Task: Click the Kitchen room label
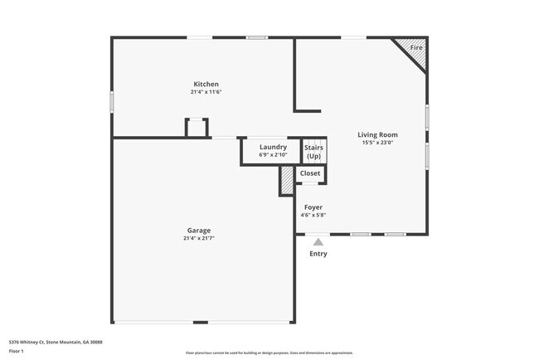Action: pos(206,85)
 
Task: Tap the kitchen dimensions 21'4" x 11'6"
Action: pos(206,92)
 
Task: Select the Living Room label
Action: pos(377,134)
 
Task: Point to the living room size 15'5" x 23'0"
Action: pos(377,142)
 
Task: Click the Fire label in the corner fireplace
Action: pos(416,49)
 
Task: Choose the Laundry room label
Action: pos(273,147)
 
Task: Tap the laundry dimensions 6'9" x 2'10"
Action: pos(273,154)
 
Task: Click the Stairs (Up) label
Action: pos(313,152)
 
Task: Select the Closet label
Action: pos(310,173)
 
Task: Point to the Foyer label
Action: pos(313,207)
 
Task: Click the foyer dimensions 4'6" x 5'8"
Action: pos(313,215)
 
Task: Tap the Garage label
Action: pos(199,231)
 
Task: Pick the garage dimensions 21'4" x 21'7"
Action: pos(199,238)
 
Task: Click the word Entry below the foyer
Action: pos(318,254)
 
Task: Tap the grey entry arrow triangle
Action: pos(318,241)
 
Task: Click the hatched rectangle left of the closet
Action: pos(287,180)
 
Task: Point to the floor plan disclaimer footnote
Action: pos(269,353)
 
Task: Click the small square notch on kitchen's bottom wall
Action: pos(196,128)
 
